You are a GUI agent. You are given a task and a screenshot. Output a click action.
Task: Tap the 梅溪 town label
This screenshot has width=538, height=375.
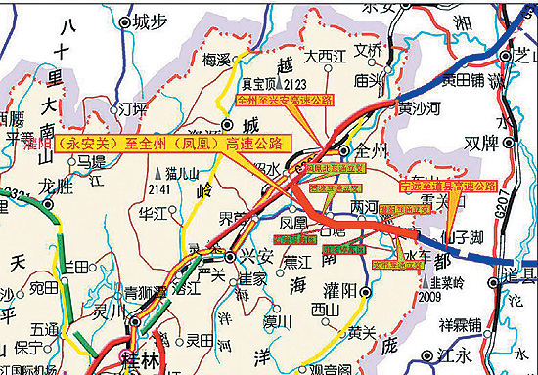(x=216, y=60)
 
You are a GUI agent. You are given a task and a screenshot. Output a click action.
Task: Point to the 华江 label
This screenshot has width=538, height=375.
(x=154, y=211)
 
